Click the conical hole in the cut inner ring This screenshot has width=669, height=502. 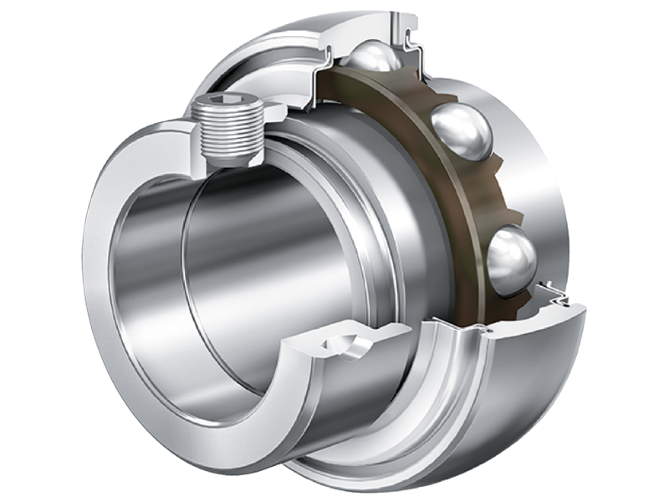pyautogui.click(x=345, y=344)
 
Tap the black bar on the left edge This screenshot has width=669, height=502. pyautogui.click(x=33, y=251)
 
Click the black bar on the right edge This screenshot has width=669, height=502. pyautogui.click(x=636, y=251)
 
